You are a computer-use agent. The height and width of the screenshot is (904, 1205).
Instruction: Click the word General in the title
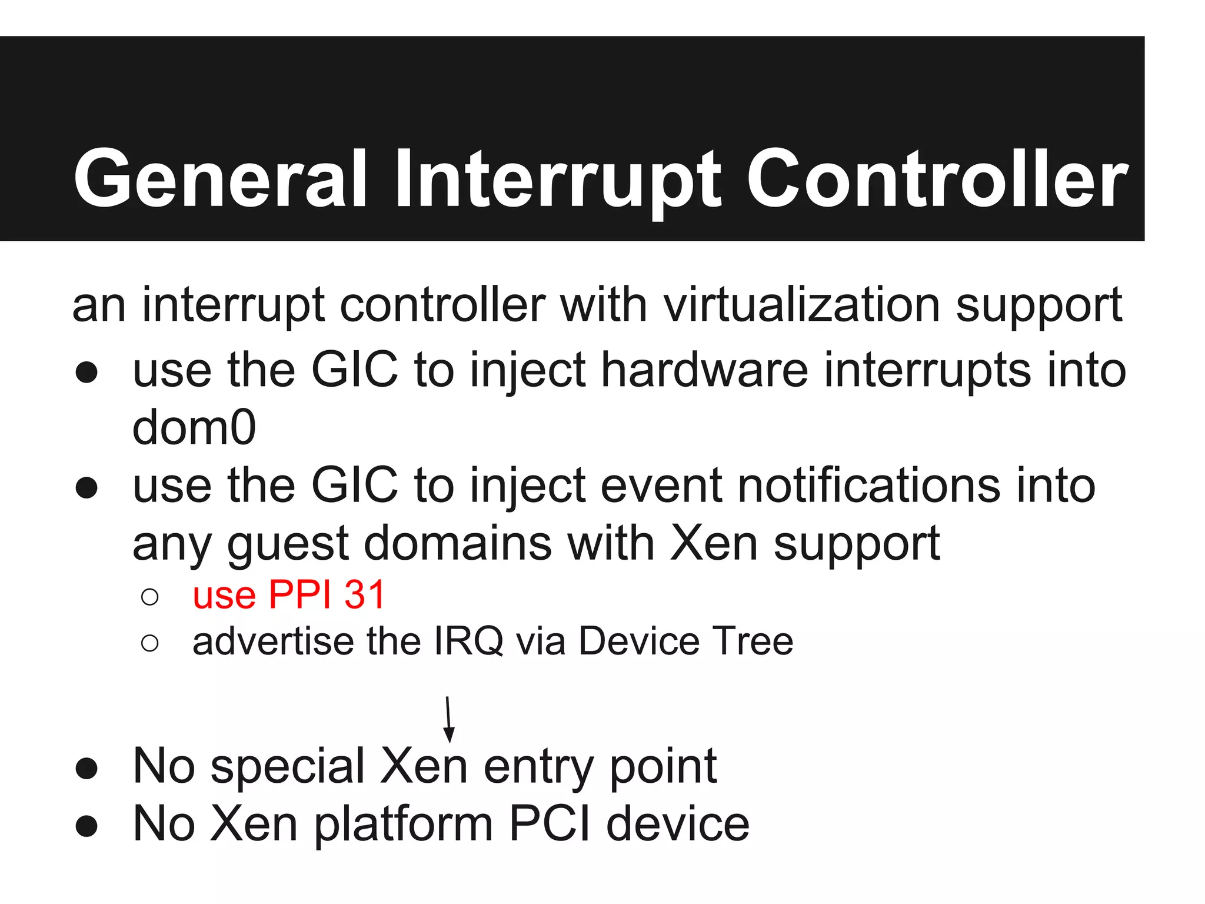coord(221,178)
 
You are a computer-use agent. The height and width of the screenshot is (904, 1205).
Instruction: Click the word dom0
coord(194,427)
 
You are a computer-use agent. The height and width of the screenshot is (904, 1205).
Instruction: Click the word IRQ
coord(468,641)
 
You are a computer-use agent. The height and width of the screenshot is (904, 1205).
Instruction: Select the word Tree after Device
coord(753,641)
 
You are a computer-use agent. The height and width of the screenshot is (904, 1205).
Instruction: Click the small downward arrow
coord(449,720)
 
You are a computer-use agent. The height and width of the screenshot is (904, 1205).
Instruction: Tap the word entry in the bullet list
coord(539,766)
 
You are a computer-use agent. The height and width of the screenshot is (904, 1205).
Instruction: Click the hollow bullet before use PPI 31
coord(150,597)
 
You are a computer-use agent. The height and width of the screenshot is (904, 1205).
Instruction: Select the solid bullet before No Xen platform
coord(86,826)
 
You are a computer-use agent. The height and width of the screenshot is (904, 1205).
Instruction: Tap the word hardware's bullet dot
coord(86,372)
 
